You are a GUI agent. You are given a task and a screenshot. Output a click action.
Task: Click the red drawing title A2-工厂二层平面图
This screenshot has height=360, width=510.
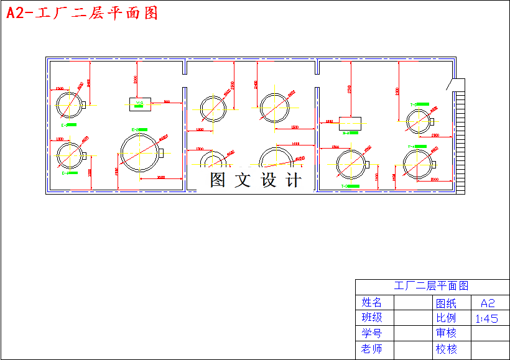pyautogui.click(x=81, y=13)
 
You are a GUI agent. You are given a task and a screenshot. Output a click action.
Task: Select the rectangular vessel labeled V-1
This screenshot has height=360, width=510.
pyautogui.click(x=139, y=104)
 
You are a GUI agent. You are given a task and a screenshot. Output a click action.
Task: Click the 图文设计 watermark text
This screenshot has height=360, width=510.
pyautogui.click(x=255, y=180)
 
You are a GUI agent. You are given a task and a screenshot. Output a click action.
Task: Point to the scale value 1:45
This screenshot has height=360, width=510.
pyautogui.click(x=486, y=318)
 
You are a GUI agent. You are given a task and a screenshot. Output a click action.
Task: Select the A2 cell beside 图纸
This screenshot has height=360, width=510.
pyautogui.click(x=487, y=303)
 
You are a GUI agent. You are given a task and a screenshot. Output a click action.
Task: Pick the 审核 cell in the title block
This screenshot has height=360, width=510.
pyautogui.click(x=446, y=333)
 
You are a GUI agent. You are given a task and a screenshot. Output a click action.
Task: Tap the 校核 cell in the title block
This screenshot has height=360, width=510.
pyautogui.click(x=446, y=349)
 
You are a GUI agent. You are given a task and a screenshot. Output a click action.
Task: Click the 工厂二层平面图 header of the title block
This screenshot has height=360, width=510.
pyautogui.click(x=431, y=286)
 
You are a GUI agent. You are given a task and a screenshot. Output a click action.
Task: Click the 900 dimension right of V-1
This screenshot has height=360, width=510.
pyautogui.click(x=167, y=101)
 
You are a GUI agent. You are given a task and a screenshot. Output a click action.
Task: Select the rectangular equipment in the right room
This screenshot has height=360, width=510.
pyautogui.click(x=350, y=120)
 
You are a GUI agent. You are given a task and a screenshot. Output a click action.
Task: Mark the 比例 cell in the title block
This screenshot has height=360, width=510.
pyautogui.click(x=446, y=318)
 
